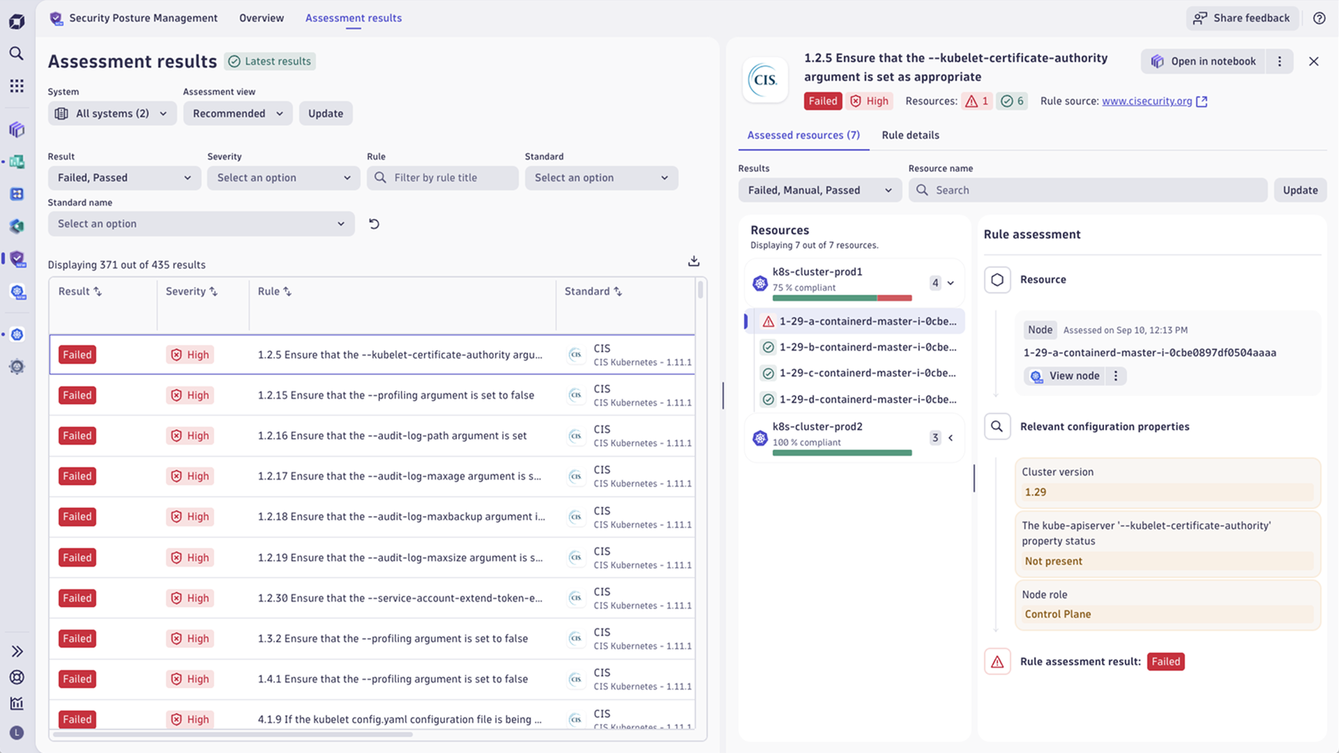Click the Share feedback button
pos(1242,18)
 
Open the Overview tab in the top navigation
pos(262,18)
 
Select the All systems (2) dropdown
pos(112,114)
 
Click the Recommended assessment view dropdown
pos(237,114)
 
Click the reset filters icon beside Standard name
pos(374,224)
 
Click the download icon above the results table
pos(693,261)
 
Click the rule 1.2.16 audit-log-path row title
pos(392,436)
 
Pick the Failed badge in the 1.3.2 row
pos(77,639)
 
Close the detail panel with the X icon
pos(1313,61)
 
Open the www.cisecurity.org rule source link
pos(1147,101)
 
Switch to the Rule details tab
pos(910,135)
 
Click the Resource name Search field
pos(1088,190)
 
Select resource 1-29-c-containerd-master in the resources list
pos(867,373)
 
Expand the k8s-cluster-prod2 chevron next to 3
pos(951,438)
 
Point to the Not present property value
pos(1053,561)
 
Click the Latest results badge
pos(270,61)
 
